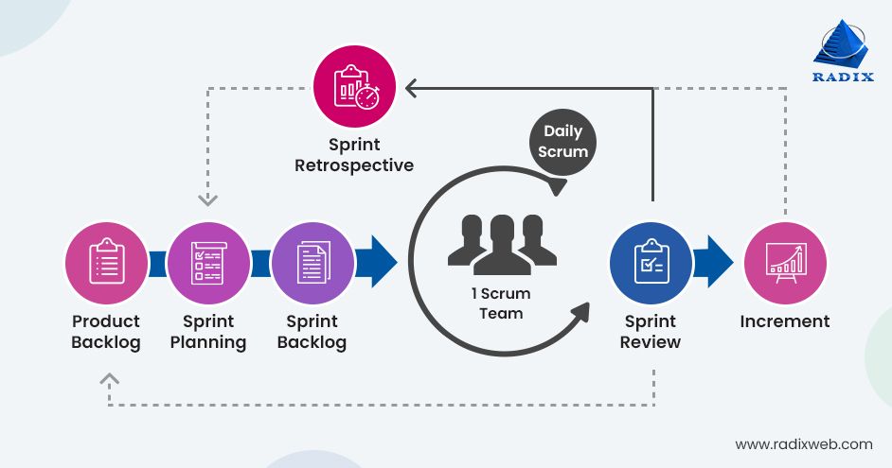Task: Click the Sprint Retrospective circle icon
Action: pos(354,88)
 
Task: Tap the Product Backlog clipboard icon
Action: pos(106,262)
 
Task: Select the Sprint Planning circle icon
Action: pos(208,262)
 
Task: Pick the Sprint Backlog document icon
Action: pos(312,262)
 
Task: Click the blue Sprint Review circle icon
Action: pos(651,262)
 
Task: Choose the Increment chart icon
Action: pos(785,262)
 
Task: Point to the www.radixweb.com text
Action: pos(804,443)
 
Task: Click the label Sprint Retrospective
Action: pos(354,155)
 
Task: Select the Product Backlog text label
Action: pos(106,332)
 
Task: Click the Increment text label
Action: pos(785,321)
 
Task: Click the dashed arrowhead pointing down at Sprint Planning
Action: pos(207,199)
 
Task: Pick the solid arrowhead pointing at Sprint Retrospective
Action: pos(411,88)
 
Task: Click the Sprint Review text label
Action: pos(651,332)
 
